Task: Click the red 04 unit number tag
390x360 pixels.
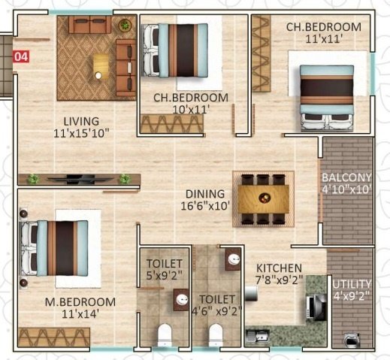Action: click(22, 56)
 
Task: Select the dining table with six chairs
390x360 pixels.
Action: click(264, 198)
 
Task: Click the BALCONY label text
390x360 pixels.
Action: click(346, 177)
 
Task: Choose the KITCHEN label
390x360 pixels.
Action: click(279, 268)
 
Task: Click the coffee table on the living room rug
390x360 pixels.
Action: click(100, 65)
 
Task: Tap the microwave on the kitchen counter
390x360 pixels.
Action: click(313, 306)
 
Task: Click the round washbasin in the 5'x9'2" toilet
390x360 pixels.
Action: click(181, 300)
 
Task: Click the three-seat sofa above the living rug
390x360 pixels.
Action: click(91, 24)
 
